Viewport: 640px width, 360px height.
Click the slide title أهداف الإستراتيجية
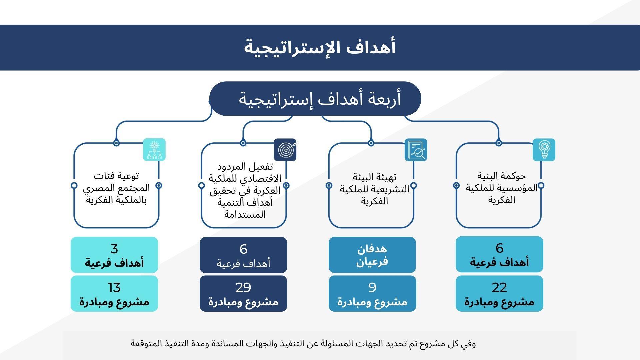[x=320, y=47]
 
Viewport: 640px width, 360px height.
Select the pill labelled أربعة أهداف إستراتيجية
[x=320, y=99]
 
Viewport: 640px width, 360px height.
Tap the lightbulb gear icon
[x=544, y=150]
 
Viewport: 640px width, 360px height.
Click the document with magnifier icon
[x=416, y=150]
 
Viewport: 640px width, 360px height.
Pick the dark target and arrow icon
[x=285, y=150]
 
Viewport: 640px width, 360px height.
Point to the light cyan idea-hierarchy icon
[x=154, y=150]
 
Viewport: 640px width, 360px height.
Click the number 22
[x=499, y=287]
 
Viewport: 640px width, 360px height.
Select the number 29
[x=243, y=287]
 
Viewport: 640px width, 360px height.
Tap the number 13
[x=114, y=287]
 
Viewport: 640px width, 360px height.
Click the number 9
[x=372, y=287]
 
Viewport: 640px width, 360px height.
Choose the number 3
[x=114, y=249]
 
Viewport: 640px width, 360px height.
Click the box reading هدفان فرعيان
[x=372, y=255]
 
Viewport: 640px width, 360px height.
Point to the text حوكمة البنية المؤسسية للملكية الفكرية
[x=502, y=188]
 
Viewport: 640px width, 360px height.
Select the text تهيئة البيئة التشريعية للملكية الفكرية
[x=375, y=189]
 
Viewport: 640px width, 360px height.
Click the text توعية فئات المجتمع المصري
[x=116, y=182]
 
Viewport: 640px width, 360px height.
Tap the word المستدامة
[x=245, y=214]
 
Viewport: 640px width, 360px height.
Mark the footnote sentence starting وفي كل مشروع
[x=303, y=343]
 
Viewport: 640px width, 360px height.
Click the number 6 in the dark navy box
[x=243, y=249]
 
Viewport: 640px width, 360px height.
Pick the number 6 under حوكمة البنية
[x=499, y=248]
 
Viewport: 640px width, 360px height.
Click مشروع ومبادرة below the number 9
[x=372, y=302]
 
